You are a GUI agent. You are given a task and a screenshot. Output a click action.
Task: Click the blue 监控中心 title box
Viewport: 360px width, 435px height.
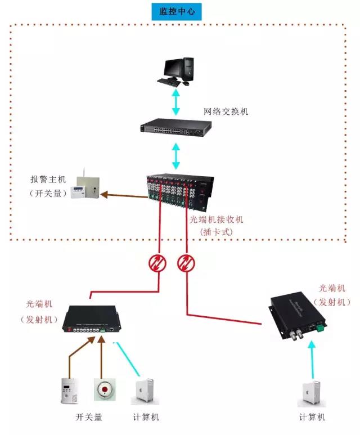pos(177,11)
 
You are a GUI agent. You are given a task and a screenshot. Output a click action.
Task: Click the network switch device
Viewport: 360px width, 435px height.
pos(176,128)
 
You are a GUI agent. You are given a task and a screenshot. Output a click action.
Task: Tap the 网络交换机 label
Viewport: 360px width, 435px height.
pos(226,111)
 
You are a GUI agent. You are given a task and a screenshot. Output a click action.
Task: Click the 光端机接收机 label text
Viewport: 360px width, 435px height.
pos(216,220)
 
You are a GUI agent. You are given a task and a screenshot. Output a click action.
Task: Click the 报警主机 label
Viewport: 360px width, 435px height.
pos(48,180)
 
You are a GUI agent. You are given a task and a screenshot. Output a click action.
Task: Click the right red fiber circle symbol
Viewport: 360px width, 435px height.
pos(186,263)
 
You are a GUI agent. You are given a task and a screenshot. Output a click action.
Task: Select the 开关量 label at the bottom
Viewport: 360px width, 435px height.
pos(89,417)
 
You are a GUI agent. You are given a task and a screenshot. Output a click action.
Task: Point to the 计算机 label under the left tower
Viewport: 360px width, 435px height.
pos(146,417)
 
